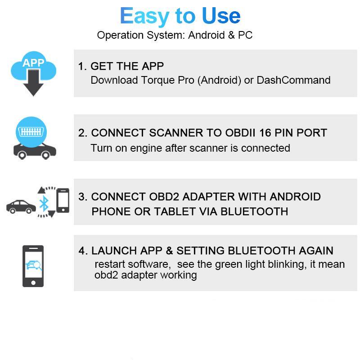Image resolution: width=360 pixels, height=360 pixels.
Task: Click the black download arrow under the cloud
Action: (x=33, y=85)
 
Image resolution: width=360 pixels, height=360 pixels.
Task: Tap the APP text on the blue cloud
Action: (x=33, y=63)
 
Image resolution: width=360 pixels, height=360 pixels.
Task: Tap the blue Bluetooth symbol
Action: (x=43, y=203)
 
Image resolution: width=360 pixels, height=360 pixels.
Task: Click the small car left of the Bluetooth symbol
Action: (x=21, y=207)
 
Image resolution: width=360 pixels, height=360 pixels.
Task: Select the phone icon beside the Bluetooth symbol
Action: (x=63, y=201)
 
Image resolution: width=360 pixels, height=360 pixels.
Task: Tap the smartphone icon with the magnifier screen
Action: (x=33, y=266)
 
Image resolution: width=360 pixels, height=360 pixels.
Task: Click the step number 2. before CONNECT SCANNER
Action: (x=83, y=133)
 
